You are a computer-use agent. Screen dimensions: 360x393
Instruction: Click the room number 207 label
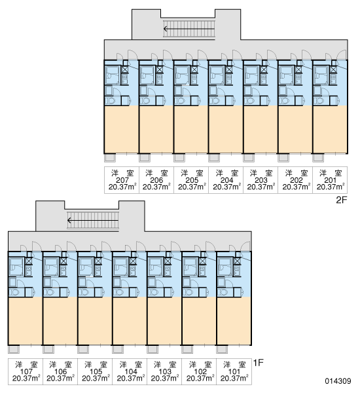[x=122, y=180]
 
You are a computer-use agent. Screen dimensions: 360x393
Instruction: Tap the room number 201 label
[x=330, y=180]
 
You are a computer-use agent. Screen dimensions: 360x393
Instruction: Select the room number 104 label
[x=131, y=371]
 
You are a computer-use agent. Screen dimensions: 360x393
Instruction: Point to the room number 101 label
[x=234, y=371]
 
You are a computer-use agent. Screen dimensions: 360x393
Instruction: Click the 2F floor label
[x=342, y=200]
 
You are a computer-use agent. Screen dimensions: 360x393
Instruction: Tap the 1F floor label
[x=259, y=362]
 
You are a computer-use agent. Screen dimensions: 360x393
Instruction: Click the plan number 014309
[x=338, y=381]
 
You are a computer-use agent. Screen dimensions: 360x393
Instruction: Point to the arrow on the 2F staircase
[x=189, y=29]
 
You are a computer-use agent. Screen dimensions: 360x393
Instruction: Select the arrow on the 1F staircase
[x=93, y=221]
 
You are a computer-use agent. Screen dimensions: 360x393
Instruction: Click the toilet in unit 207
[x=110, y=101]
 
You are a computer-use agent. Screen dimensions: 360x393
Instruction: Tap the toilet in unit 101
[x=223, y=292]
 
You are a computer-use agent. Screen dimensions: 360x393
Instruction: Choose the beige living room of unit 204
[x=225, y=129]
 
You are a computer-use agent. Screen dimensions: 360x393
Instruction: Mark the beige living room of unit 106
[x=60, y=321]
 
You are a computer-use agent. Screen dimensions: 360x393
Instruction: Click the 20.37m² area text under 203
[x=261, y=187]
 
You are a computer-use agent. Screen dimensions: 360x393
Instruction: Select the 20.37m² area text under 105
[x=96, y=378]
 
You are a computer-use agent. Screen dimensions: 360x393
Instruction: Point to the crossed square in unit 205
[x=194, y=69]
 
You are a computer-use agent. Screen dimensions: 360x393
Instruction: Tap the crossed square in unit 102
[x=202, y=261]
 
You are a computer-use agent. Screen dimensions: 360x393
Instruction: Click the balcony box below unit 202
[x=283, y=158]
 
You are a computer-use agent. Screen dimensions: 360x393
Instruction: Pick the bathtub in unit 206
[x=147, y=75]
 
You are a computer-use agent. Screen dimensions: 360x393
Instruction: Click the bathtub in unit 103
[x=155, y=266]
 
